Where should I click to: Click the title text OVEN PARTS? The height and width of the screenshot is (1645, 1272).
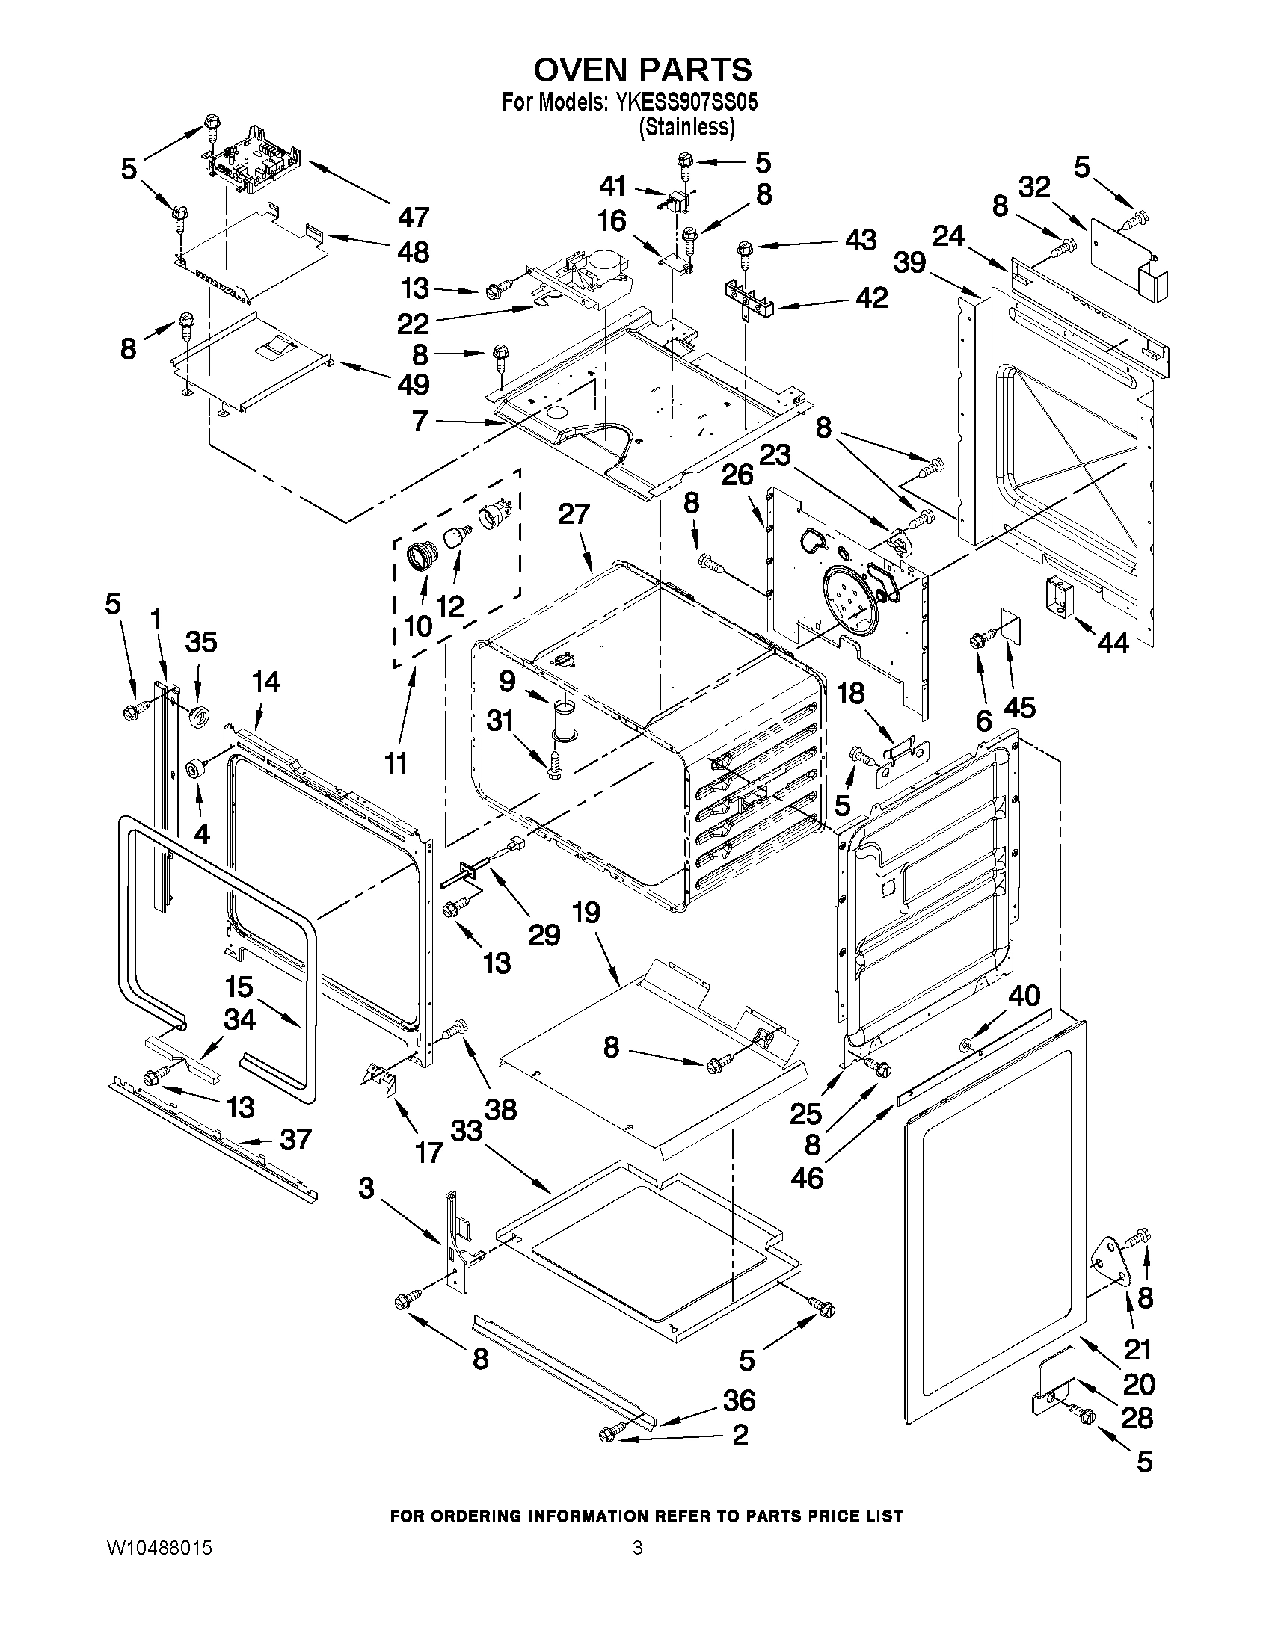coord(642,70)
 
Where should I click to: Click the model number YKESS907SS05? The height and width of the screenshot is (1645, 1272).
coord(686,102)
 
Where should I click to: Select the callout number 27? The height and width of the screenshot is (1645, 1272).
coord(574,514)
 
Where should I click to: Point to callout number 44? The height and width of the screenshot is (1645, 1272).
coord(1113,643)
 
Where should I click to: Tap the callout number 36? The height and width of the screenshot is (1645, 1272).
coord(740,1400)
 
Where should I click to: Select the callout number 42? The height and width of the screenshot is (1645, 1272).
coord(873,297)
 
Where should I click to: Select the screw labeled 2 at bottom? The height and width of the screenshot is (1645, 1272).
coord(612,1433)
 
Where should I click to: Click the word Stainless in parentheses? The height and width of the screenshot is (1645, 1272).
coord(686,127)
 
